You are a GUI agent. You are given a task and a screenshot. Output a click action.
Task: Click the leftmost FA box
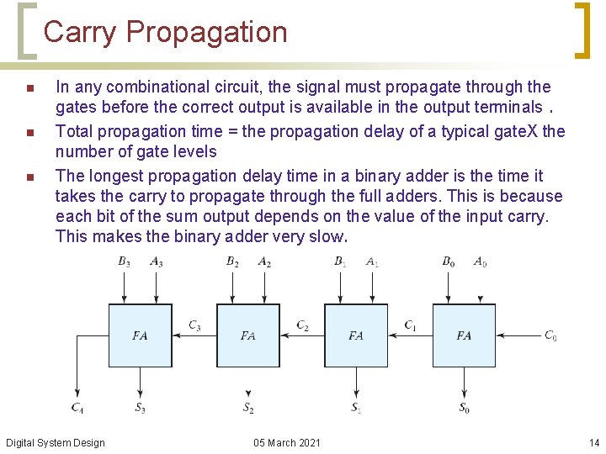click(x=140, y=335)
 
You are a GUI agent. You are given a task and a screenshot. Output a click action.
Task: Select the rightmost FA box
click(x=464, y=335)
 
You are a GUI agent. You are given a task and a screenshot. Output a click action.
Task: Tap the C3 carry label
click(x=194, y=325)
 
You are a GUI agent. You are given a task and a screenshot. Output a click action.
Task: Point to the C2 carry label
click(x=302, y=325)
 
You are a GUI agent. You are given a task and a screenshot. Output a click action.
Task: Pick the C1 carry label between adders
click(x=410, y=325)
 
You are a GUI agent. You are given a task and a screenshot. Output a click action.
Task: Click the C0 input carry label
click(x=550, y=335)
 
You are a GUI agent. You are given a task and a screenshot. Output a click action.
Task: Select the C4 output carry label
click(x=77, y=409)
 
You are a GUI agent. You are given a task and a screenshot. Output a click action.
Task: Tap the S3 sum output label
click(x=140, y=409)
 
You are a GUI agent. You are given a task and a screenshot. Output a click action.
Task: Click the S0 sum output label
click(x=464, y=409)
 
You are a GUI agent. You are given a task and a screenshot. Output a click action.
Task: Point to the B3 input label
click(x=124, y=261)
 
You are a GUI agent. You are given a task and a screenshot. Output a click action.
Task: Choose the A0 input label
click(x=480, y=261)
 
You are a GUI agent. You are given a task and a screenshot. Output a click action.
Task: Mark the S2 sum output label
click(x=248, y=409)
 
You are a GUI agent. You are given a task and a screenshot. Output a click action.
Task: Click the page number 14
click(x=593, y=443)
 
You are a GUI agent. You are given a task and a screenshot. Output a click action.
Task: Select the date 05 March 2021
click(x=286, y=443)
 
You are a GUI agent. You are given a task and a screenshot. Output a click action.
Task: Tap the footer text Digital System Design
click(x=56, y=443)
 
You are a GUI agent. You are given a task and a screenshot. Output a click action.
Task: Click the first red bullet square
click(x=29, y=88)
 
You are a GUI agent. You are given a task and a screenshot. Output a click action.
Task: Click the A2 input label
click(x=264, y=261)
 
